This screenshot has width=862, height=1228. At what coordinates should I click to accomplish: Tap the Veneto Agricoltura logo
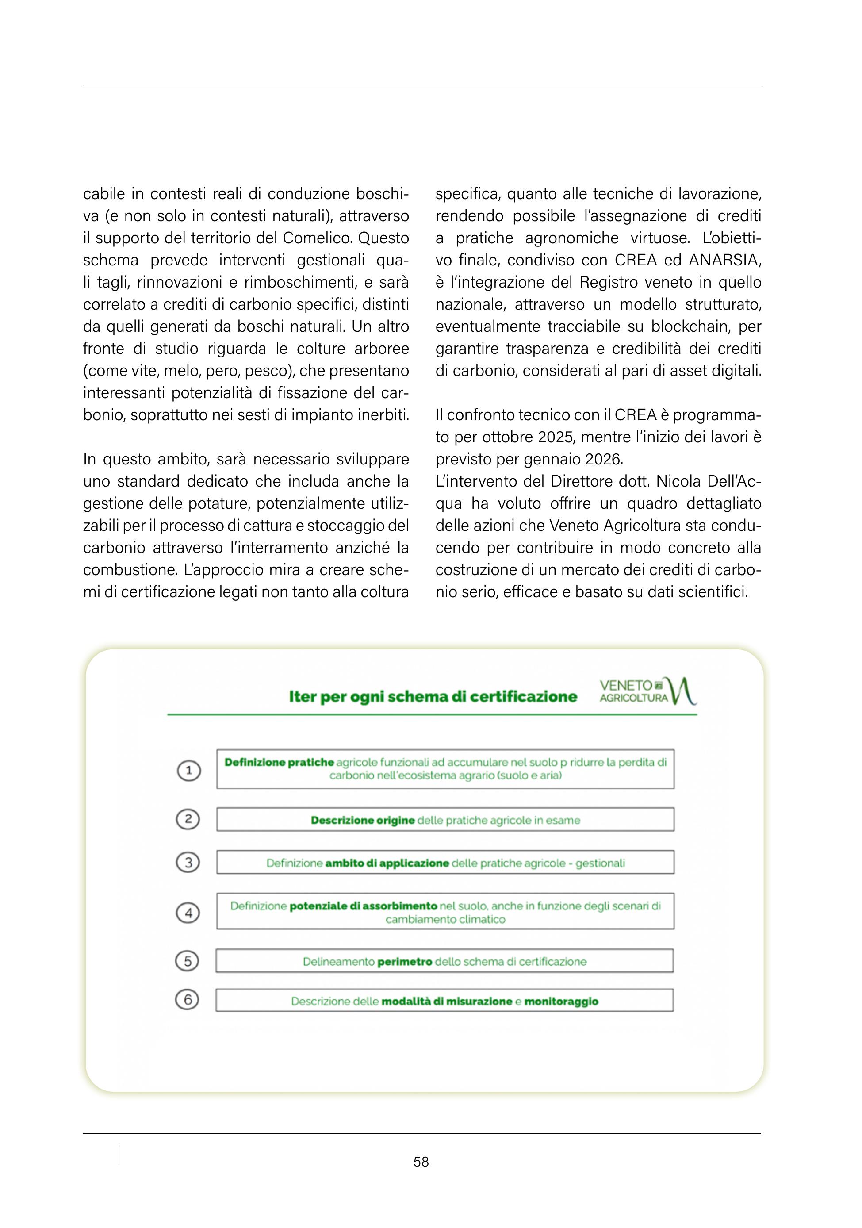click(x=647, y=691)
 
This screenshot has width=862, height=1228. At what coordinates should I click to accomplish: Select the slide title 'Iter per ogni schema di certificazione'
click(x=433, y=696)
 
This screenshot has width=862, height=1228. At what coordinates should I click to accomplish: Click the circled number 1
click(x=188, y=771)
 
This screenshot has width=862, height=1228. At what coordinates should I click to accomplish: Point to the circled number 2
click(x=188, y=819)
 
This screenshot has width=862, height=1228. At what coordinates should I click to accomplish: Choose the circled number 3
click(x=188, y=862)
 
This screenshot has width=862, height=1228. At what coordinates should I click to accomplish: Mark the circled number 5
click(x=187, y=961)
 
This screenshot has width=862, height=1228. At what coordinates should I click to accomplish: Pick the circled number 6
click(x=187, y=1000)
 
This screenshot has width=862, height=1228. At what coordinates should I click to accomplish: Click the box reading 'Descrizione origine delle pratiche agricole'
click(x=445, y=820)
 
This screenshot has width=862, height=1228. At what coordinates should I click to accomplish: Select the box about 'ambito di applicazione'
click(x=445, y=863)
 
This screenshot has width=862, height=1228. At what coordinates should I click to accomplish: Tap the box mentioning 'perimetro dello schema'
click(x=444, y=962)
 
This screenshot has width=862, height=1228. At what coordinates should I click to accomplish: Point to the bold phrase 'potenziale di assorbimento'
click(x=364, y=906)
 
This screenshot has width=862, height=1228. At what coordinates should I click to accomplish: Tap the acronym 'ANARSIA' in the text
click(x=724, y=261)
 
